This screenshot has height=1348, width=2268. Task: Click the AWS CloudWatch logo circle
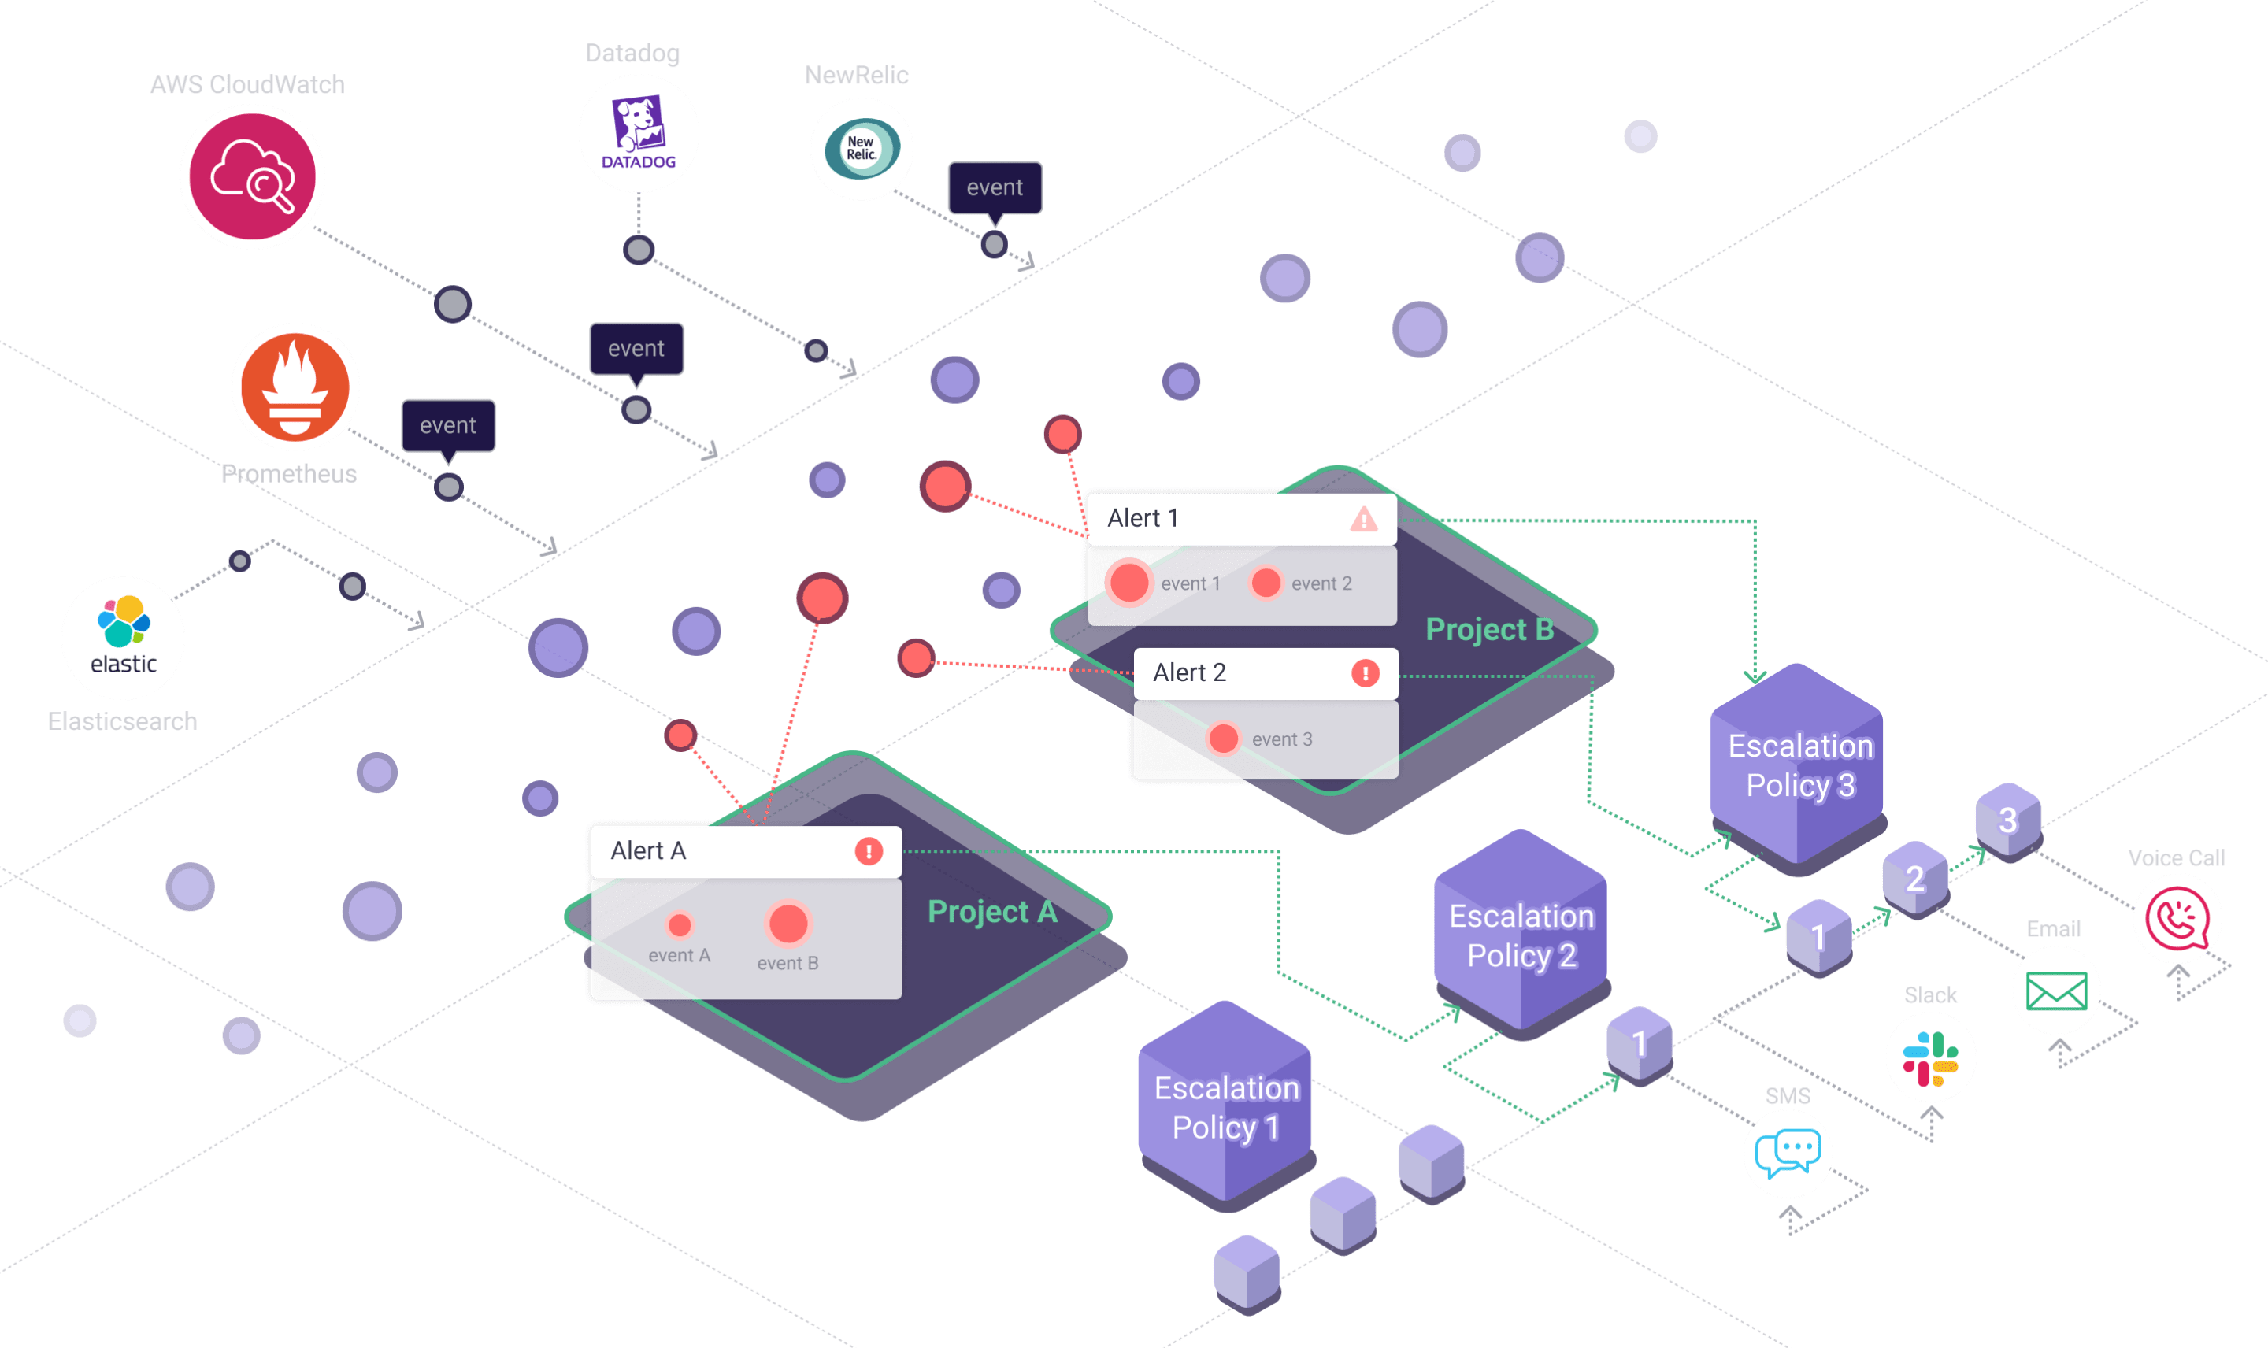point(253,176)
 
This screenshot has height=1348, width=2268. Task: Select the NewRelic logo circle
point(861,149)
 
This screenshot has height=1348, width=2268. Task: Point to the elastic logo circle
point(124,638)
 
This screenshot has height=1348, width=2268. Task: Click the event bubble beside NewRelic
point(995,187)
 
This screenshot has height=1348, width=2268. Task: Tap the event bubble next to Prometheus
point(448,425)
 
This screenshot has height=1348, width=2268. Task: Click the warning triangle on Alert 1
point(1363,520)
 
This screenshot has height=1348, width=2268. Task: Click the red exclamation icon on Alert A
point(869,851)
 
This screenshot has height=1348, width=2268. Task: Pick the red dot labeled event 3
point(1224,739)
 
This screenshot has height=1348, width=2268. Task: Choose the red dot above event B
point(787,924)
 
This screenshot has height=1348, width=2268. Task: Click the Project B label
point(1490,629)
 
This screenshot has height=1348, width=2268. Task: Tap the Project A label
point(991,911)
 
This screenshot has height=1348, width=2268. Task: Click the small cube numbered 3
point(2008,820)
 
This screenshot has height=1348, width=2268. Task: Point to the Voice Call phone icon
point(2177,919)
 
